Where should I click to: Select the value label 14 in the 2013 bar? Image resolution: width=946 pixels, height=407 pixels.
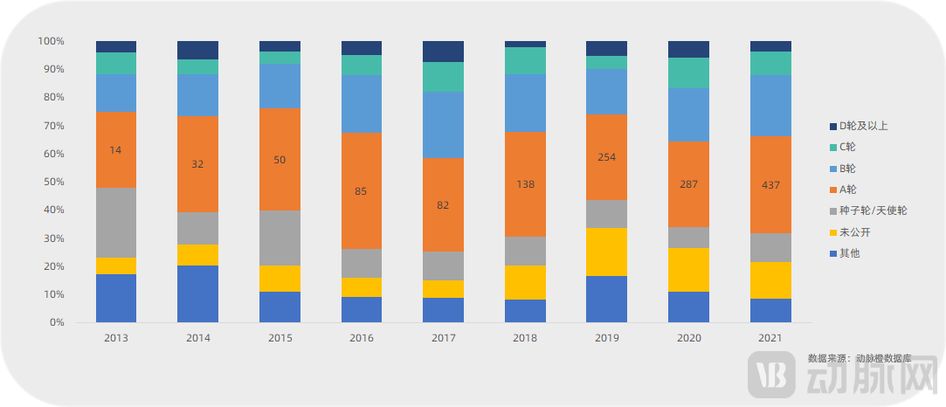pos(115,150)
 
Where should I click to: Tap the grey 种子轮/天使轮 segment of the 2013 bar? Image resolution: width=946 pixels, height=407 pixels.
pos(115,223)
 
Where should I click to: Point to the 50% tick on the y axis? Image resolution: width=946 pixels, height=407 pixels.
pos(52,182)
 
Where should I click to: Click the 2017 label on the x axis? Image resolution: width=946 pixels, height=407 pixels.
pos(443,338)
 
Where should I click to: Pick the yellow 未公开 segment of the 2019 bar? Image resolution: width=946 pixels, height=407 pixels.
pos(606,252)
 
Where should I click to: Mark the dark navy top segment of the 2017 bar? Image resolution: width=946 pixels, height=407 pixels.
pos(443,52)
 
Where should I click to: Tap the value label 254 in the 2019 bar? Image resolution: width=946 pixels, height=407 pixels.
pos(606,157)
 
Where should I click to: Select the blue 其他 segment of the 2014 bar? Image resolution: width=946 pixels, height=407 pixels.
pos(197,293)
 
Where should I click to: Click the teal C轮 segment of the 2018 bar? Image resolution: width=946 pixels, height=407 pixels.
pos(525,60)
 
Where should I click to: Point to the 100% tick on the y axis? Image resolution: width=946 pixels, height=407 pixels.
pos(50,41)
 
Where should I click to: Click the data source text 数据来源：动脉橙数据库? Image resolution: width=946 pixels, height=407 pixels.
pos(860,358)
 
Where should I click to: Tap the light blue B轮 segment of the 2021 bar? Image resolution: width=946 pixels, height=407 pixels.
pos(770,105)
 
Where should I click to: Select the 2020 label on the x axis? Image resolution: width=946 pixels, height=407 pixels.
pos(688,338)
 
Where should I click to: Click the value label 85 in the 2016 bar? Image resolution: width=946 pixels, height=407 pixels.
pos(361,191)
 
